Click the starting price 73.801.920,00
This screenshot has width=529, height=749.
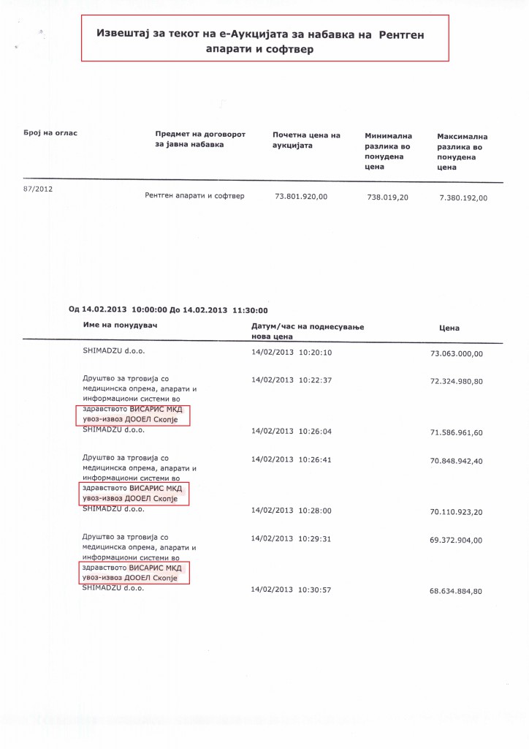coord(301,196)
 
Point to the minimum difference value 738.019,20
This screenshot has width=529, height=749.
coord(387,197)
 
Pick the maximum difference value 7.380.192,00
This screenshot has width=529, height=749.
coord(463,197)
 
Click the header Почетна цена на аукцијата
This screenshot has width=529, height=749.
coord(306,140)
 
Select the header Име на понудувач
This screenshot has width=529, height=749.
coord(120,323)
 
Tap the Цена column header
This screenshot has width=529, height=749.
coord(449,328)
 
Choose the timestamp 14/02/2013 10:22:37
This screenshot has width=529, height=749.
coord(292,380)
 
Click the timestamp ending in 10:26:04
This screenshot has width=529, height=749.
coord(292,432)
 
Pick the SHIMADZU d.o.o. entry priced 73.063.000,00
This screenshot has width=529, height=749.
coord(113,352)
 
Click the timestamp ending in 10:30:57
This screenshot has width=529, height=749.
coord(292,589)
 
